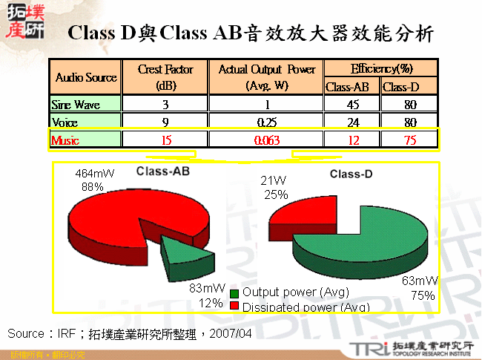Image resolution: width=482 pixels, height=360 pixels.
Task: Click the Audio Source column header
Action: point(86,77)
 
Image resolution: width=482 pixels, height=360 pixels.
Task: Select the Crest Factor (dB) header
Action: point(165,77)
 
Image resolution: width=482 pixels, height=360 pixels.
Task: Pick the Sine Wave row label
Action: point(76,105)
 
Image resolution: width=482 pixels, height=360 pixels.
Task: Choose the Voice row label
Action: point(65,122)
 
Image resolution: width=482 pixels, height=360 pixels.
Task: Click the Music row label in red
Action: point(66,139)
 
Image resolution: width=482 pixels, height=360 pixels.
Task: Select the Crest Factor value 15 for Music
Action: point(165,139)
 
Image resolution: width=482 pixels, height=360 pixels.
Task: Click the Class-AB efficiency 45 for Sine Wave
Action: point(352,105)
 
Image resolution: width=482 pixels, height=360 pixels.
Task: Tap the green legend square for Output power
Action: point(234,292)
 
